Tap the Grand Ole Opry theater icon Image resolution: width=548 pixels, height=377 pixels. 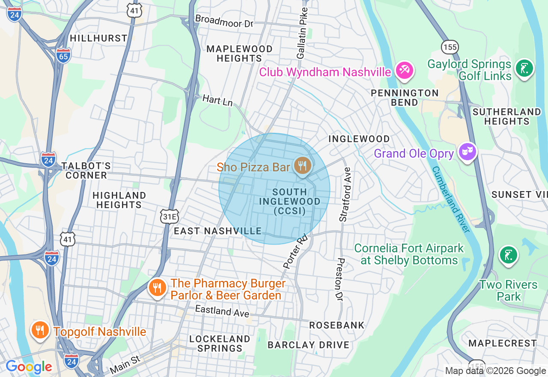(468, 152)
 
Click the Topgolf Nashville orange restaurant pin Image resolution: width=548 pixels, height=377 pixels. (39, 330)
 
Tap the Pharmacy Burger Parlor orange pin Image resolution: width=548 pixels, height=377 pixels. (158, 288)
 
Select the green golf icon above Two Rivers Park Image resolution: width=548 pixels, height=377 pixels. (508, 255)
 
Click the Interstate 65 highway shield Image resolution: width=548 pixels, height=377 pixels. (63, 56)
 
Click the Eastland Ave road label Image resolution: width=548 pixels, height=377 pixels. (222, 311)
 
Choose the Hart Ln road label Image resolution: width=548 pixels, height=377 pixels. (217, 101)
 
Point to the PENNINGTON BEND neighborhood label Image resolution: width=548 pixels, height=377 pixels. (405, 98)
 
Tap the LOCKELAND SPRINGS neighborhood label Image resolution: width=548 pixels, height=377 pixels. (220, 344)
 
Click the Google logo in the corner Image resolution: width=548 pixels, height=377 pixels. (29, 367)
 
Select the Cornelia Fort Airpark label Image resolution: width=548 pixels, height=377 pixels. (409, 254)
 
